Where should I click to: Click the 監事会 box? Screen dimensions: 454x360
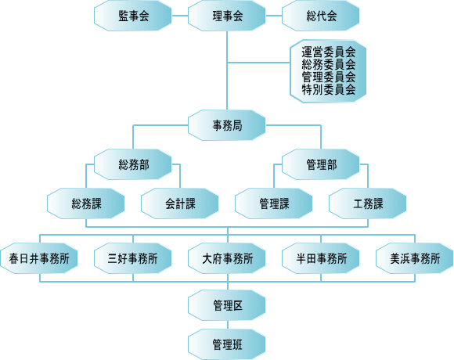[133, 16]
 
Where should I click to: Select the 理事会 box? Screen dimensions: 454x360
[227, 16]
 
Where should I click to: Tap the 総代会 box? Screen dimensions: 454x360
[320, 16]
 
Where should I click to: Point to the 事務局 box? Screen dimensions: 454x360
[227, 125]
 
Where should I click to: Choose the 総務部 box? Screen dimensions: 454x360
[133, 164]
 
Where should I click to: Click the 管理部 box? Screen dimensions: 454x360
[320, 164]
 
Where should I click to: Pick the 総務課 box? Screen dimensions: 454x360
[86, 203]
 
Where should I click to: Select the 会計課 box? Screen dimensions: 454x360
[180, 203]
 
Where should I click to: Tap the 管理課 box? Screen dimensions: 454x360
[274, 203]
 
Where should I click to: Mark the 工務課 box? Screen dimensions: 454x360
[367, 203]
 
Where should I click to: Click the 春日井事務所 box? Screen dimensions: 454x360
[39, 258]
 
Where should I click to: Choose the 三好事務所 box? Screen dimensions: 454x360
[133, 258]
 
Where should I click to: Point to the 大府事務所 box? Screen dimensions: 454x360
[227, 258]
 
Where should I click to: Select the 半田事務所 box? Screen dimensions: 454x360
[320, 258]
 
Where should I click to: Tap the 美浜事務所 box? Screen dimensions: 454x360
[414, 258]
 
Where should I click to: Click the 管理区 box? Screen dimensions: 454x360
[227, 305]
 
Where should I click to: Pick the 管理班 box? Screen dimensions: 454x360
[227, 344]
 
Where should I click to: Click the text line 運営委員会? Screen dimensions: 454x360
[329, 52]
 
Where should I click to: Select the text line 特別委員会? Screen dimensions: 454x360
[329, 90]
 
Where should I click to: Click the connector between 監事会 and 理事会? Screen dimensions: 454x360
[180, 16]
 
